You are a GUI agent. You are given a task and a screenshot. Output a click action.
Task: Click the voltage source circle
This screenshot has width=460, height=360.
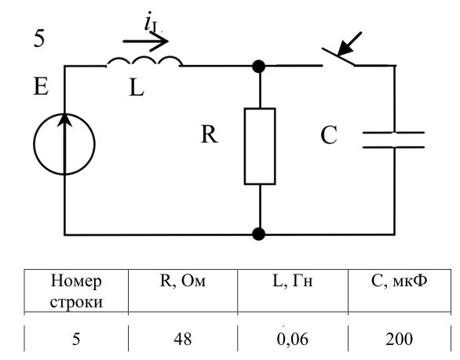(34, 144)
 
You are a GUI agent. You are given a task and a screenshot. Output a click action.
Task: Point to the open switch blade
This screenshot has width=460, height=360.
(338, 56)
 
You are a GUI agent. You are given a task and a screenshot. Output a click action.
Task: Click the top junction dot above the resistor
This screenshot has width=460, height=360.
(259, 66)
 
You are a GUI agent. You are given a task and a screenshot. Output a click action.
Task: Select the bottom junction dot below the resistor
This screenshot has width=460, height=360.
(259, 235)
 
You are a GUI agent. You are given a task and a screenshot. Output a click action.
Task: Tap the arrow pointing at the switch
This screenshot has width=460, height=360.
(349, 44)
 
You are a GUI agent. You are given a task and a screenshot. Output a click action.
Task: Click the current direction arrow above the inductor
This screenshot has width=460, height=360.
(145, 42)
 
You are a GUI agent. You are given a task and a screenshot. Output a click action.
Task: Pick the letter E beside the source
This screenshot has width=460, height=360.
(41, 86)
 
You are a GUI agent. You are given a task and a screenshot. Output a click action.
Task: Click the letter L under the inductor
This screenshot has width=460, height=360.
(137, 88)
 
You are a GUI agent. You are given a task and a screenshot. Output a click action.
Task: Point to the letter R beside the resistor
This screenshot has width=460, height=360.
(210, 134)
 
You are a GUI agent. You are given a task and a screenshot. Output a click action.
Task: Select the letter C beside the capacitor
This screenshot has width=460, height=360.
(329, 135)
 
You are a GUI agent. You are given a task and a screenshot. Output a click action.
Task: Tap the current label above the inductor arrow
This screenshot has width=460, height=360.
(153, 21)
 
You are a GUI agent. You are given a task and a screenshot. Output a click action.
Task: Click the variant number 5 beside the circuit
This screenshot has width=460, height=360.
(39, 38)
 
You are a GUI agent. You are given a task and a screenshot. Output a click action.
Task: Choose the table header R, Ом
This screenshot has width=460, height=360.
(183, 281)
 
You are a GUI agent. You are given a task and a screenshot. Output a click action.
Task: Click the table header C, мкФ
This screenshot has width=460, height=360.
(399, 281)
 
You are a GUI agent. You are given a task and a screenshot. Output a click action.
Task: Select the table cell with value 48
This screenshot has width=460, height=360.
(182, 339)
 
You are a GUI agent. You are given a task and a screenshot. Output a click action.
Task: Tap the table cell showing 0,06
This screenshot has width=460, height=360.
(293, 339)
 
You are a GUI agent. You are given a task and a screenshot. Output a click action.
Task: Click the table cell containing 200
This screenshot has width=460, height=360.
(399, 339)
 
